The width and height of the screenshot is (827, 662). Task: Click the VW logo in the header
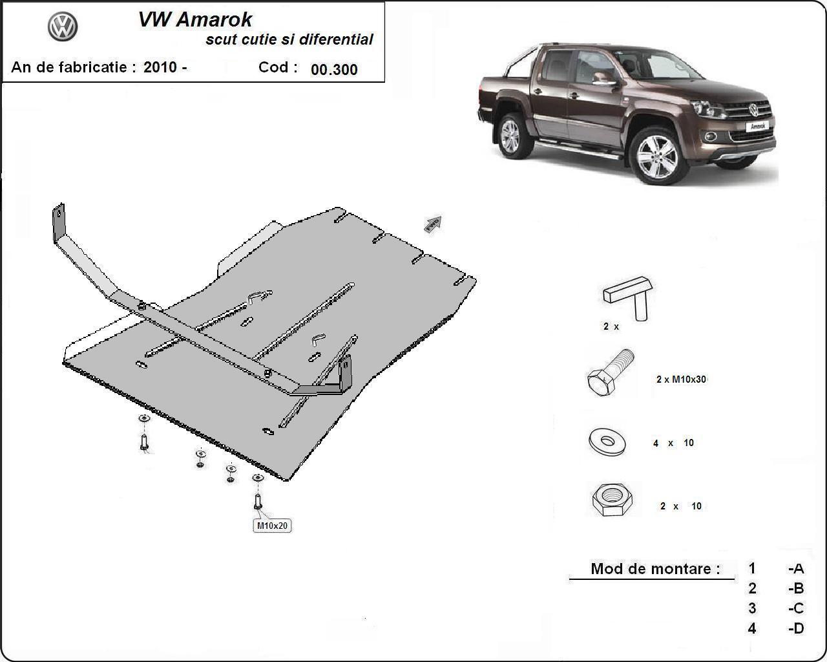coord(63,27)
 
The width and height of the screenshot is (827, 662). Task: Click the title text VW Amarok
coord(195,19)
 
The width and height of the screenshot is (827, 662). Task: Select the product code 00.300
coord(334,70)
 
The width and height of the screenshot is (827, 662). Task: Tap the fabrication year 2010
coord(160,67)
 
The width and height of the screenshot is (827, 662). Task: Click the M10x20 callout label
coord(271,526)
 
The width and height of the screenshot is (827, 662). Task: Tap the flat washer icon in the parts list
coord(607,442)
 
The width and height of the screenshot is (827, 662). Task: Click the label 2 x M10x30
coord(681,379)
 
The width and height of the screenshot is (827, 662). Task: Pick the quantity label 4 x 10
coord(673,443)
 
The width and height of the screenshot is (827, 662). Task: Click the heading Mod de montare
coord(654,569)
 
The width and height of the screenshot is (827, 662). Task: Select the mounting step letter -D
coord(796,628)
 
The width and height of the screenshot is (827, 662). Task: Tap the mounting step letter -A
coord(796,569)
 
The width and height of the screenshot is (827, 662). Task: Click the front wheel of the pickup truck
coord(657,156)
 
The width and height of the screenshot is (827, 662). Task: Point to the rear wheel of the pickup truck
coord(510,135)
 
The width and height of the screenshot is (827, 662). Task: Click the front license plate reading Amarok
coord(757,126)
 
